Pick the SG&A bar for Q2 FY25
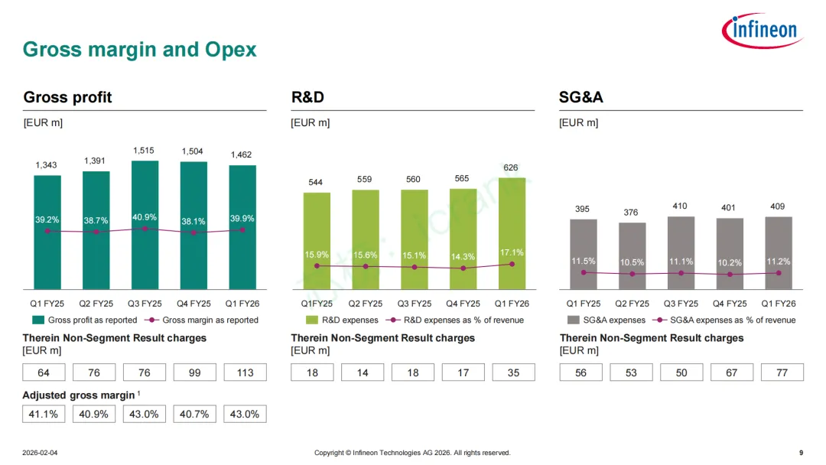(632, 255)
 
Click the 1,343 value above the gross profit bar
(47, 165)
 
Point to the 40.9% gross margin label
(145, 218)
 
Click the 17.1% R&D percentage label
(512, 252)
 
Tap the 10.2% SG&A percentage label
(730, 262)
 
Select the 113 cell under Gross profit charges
(245, 372)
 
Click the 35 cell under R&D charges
(513, 372)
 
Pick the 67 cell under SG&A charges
(732, 372)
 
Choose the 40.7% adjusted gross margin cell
(194, 414)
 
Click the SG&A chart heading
(581, 97)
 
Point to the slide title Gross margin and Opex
(140, 50)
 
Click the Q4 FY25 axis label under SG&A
(730, 304)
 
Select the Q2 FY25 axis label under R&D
(366, 304)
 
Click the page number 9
(800, 453)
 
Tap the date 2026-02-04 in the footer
(40, 453)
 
